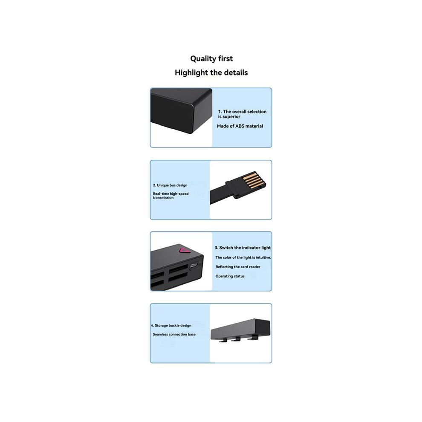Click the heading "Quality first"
point(211,59)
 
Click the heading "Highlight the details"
point(211,72)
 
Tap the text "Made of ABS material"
point(240,126)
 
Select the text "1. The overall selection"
point(242,111)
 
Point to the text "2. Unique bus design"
point(170,185)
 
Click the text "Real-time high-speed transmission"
point(171,195)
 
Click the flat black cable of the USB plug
point(218,194)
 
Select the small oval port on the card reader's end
point(194,266)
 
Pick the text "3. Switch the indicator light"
point(243,248)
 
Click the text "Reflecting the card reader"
point(238,267)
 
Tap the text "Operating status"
point(230,276)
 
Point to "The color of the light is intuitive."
point(243,257)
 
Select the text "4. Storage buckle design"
point(171,325)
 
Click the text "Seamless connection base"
point(174,334)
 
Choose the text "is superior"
point(229,116)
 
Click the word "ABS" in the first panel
point(240,126)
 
